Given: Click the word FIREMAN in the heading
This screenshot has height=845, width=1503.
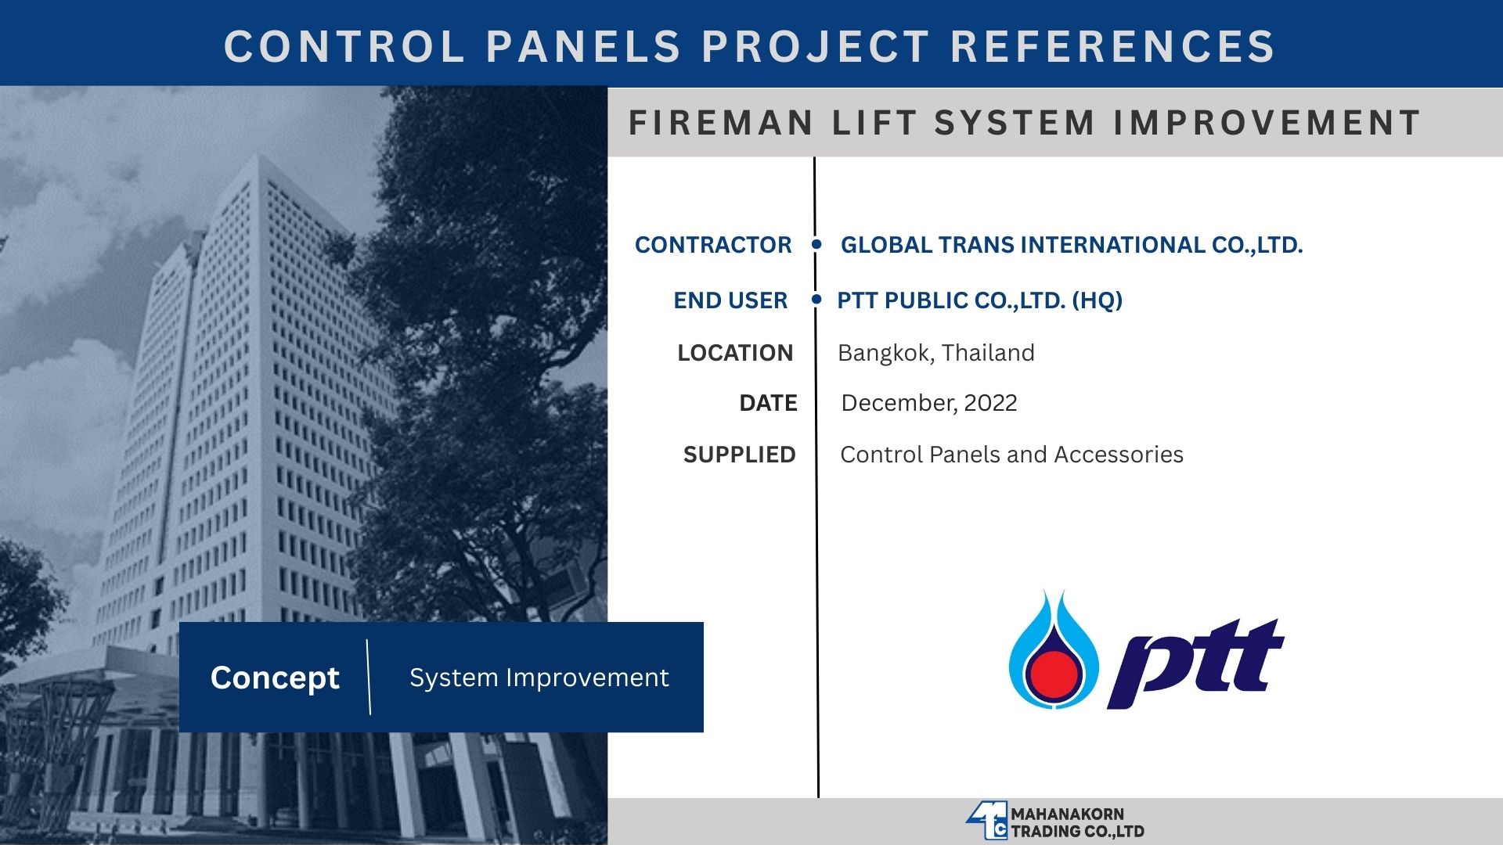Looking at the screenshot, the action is tap(721, 123).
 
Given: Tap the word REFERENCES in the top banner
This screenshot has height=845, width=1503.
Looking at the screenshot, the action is tap(1112, 46).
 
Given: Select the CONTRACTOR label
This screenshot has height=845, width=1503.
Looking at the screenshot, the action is tap(713, 245).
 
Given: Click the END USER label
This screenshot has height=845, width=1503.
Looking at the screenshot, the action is tap(730, 300).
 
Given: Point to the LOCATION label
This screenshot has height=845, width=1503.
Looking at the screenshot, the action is tap(735, 353).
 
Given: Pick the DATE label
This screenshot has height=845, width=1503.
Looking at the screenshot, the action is tap(768, 403).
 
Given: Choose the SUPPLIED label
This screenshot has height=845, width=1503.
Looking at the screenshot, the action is tap(739, 455).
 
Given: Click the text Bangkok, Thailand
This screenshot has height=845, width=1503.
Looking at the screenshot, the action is tap(936, 353).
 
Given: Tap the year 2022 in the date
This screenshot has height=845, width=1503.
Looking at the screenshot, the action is tap(990, 403).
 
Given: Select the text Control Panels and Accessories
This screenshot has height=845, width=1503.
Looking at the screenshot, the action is tap(1011, 455).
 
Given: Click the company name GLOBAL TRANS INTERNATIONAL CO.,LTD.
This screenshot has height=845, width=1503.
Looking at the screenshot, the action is tap(1072, 245).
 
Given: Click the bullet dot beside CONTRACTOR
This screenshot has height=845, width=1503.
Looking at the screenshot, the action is tap(816, 244).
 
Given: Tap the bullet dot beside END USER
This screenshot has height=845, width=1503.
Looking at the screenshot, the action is tap(816, 299).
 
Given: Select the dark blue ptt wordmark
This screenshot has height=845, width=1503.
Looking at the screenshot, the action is tap(1195, 663).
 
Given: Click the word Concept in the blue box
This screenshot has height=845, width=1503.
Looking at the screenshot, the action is tap(275, 678).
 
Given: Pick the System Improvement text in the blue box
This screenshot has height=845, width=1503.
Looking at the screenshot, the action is tap(539, 678).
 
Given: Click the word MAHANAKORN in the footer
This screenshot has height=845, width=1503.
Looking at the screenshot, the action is tap(1067, 814).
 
